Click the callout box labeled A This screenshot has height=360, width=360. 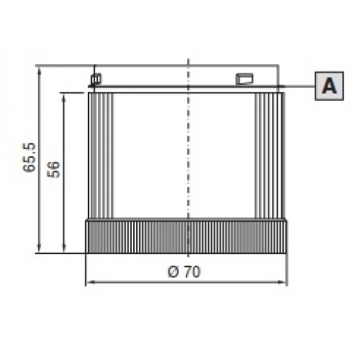click(329, 86)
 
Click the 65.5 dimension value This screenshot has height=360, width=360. click(30, 158)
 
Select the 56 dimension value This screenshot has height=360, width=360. click(53, 170)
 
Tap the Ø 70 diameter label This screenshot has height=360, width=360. click(184, 272)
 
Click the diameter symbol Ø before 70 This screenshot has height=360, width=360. click(174, 272)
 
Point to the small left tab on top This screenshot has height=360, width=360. click(96, 78)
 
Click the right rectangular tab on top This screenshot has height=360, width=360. click(244, 78)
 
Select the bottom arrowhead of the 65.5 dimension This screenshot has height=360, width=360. click(40, 248)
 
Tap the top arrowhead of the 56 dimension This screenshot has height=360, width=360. click(64, 98)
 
